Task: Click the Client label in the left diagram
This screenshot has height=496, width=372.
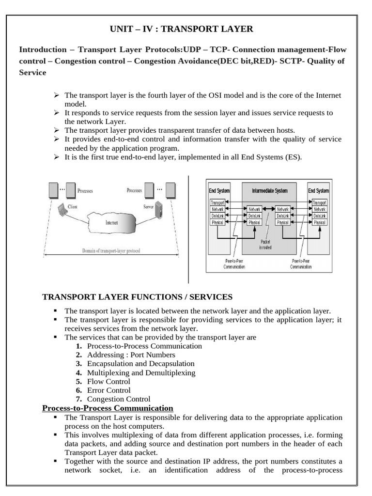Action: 73,207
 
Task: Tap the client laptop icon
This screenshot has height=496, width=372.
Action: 62,210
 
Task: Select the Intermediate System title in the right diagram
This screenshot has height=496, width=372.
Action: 269,191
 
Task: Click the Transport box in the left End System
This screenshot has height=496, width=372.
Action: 217,202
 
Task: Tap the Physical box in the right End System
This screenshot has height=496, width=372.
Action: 319,222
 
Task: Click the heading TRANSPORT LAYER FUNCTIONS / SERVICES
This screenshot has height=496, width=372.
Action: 138,297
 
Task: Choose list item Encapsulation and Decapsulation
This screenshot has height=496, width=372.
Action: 140,364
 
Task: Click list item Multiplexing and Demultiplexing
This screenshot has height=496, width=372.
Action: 141,372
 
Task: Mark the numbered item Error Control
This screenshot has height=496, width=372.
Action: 108,390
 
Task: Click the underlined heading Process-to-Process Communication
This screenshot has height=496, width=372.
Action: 108,408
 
